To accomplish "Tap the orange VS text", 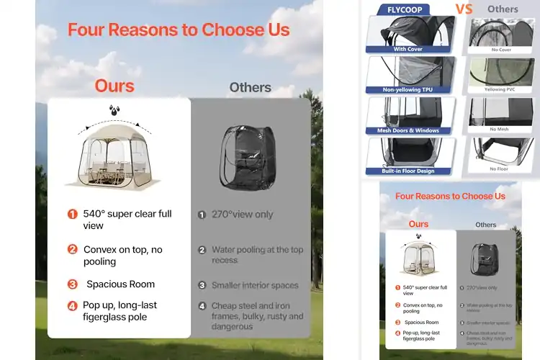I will [464, 9].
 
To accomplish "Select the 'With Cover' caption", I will [408, 49].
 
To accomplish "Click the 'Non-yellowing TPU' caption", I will [408, 90].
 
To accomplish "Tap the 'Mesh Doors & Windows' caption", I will [408, 130].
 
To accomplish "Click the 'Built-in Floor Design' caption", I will [408, 171].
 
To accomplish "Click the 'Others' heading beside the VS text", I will [502, 9].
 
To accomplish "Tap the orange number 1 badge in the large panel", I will [72, 214].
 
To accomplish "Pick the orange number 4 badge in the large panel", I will [72, 305].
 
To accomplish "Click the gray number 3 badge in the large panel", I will [202, 285].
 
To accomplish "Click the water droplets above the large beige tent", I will [114, 110].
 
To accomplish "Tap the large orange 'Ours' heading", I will [114, 86].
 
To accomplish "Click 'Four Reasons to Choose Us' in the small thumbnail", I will [450, 196].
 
